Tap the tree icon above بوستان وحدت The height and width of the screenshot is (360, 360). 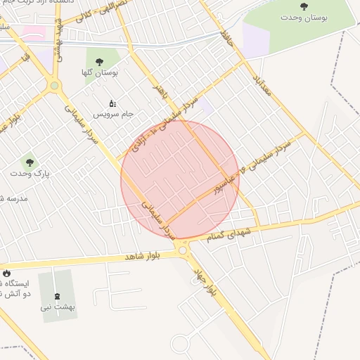coord(304,6)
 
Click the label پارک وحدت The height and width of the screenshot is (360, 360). coord(29,172)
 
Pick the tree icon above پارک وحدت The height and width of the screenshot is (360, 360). coord(29,162)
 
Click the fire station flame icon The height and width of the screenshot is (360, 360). coord(7,273)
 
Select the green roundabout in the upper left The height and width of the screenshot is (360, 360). coord(53,86)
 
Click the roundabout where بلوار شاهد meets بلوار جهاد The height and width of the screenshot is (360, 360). coord(183,250)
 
